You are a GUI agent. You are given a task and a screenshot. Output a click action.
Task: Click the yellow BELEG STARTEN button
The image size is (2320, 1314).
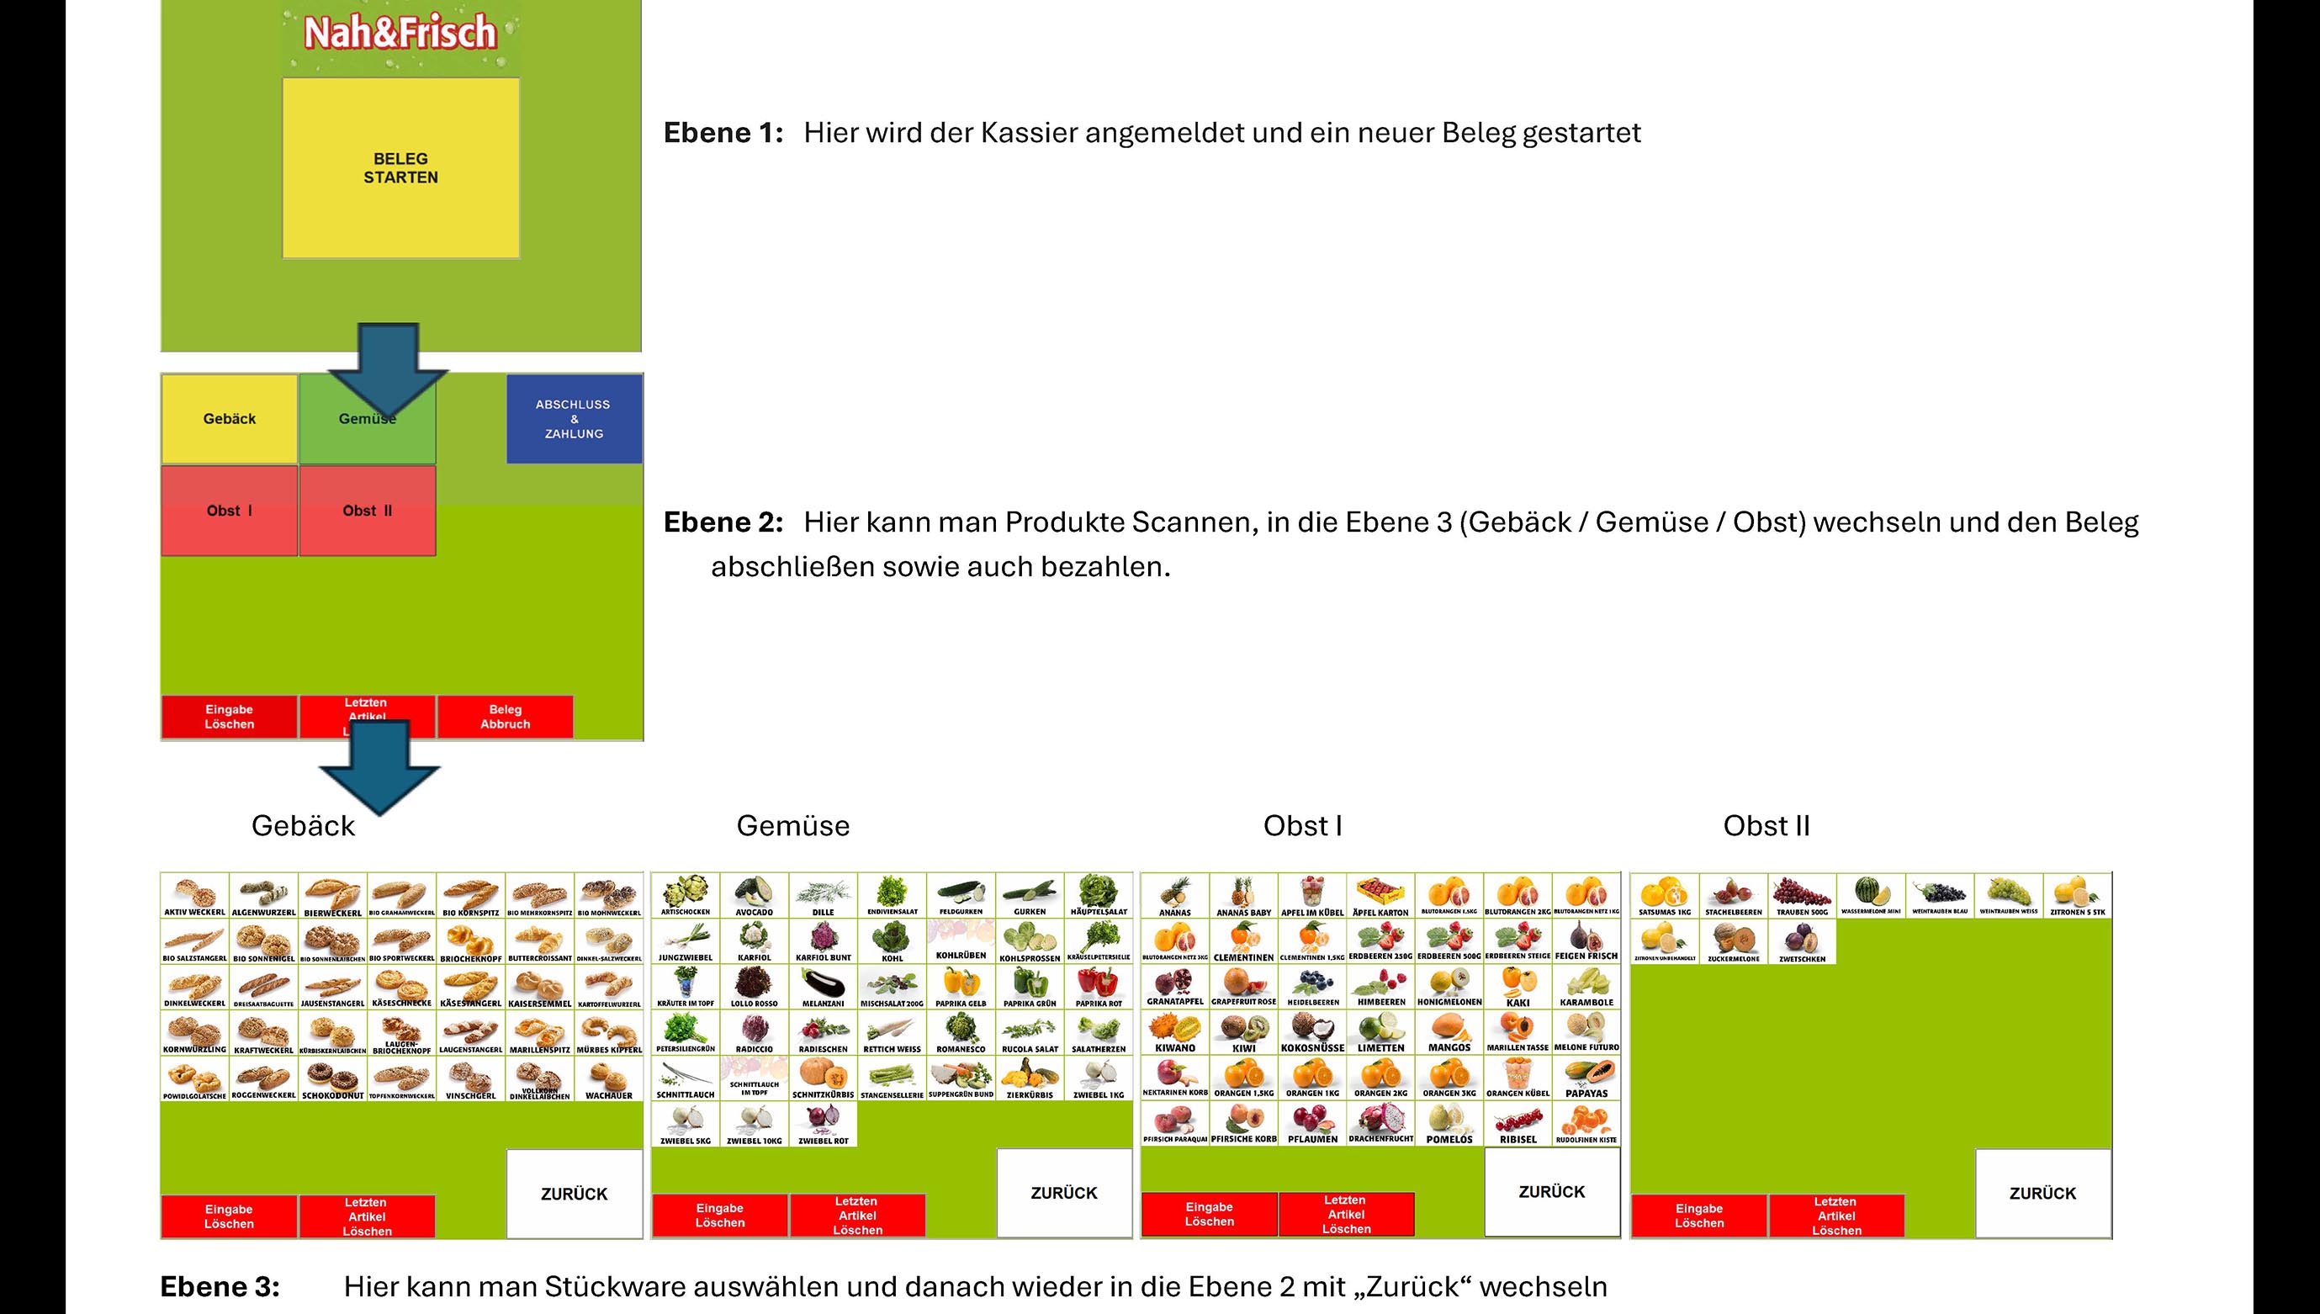pyautogui.click(x=400, y=168)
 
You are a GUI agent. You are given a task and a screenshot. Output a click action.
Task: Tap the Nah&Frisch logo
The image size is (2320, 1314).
pyautogui.click(x=400, y=34)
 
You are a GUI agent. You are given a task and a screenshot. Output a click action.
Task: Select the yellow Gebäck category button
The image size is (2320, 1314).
pyautogui.click(x=229, y=419)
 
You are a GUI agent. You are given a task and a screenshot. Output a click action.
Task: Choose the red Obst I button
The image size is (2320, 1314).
pyautogui.click(x=229, y=511)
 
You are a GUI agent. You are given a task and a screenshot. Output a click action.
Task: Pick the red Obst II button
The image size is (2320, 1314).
pyautogui.click(x=368, y=511)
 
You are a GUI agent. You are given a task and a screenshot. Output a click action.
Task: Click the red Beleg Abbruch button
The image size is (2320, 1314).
pyautogui.click(x=506, y=717)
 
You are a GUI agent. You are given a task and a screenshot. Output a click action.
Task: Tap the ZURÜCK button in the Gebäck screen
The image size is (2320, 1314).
pyautogui.click(x=574, y=1193)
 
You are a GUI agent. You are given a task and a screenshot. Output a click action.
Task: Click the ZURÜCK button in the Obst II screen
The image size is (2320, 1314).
pyautogui.click(x=2043, y=1193)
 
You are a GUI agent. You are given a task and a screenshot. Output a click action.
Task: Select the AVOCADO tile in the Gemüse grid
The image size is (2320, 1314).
pyautogui.click(x=755, y=896)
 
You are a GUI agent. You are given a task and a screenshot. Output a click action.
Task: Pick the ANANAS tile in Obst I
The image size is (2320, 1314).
pyautogui.click(x=1175, y=896)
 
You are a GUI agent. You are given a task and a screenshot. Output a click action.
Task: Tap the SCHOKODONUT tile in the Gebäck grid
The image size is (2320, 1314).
pyautogui.click(x=333, y=1079)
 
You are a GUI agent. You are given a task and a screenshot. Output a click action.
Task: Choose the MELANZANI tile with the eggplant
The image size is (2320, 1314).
pyautogui.click(x=823, y=988)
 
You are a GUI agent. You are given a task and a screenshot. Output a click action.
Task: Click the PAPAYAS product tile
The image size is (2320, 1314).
pyautogui.click(x=1586, y=1079)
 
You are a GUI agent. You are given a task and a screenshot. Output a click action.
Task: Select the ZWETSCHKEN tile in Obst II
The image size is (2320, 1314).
pyautogui.click(x=1802, y=942)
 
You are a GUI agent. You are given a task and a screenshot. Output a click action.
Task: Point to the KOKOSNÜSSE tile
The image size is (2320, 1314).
pyautogui.click(x=1312, y=1033)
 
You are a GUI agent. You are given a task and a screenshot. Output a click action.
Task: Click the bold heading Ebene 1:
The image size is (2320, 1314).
pyautogui.click(x=723, y=133)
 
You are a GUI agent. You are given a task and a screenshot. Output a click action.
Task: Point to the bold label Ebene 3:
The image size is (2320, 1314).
pyautogui.click(x=220, y=1286)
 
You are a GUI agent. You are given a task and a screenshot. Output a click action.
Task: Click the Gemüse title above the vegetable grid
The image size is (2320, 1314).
pyautogui.click(x=792, y=826)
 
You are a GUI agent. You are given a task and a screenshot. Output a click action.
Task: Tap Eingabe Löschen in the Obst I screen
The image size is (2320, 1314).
pyautogui.click(x=1209, y=1214)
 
